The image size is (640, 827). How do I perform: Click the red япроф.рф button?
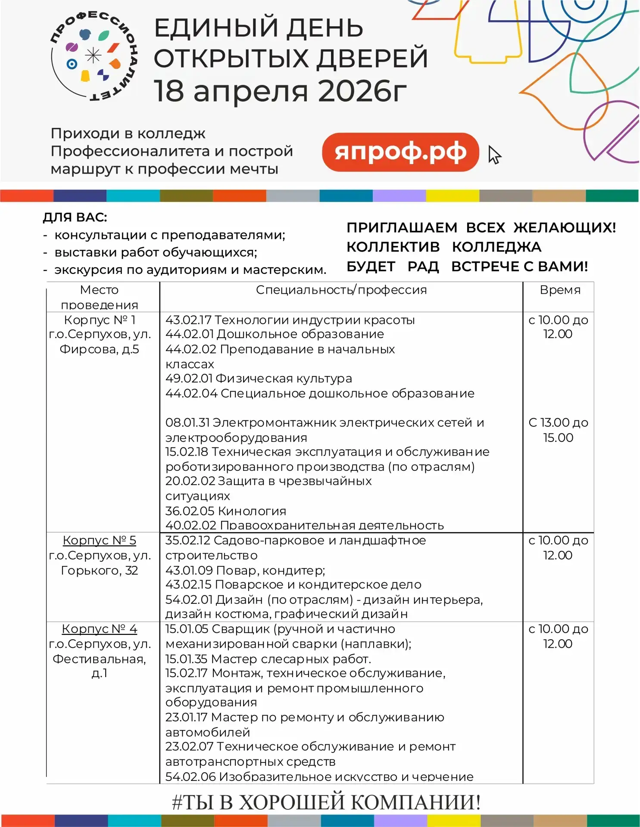400,152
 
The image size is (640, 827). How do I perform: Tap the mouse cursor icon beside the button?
494,155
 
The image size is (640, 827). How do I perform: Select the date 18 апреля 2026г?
280,91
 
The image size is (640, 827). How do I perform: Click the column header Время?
560,290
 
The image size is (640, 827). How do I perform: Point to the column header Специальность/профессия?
341,290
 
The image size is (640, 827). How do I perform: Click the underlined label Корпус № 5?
99,540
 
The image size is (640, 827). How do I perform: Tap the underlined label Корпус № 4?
99,629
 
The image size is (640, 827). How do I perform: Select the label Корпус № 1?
99,320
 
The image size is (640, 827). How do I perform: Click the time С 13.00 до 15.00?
558,430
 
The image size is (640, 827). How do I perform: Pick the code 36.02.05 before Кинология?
190,511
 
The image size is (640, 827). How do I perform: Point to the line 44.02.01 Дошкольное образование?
275,334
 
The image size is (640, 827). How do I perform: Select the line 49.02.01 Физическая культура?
259,379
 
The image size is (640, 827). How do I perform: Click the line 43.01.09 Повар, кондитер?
245,570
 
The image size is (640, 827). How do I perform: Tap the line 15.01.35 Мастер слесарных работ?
268,659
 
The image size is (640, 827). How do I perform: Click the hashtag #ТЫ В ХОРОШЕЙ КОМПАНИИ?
326,802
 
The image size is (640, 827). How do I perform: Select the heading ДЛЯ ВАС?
75,217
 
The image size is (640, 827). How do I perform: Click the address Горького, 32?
99,570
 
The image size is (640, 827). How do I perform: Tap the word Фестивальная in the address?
99,659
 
